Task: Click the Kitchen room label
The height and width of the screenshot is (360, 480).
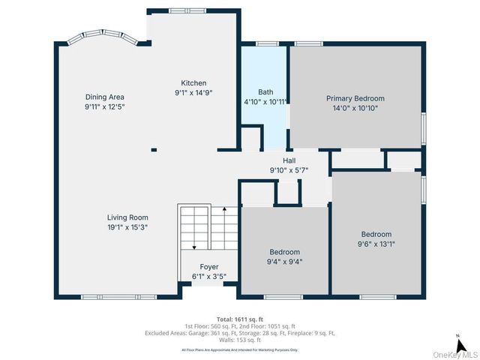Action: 193,83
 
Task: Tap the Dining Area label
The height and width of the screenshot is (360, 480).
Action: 104,97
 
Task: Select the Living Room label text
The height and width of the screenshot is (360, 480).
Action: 127,217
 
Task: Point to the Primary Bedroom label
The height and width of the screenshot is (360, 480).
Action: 355,98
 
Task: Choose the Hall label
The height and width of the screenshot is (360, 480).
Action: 289,160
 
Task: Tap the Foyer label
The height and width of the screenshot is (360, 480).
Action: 208,267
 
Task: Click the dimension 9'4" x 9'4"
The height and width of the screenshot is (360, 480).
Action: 284,262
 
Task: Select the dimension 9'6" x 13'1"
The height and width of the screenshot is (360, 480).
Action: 376,244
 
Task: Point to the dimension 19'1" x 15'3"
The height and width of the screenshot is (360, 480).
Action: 127,227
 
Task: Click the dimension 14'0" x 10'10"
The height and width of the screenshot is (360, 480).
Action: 355,108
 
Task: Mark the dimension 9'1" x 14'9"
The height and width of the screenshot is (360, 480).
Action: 193,93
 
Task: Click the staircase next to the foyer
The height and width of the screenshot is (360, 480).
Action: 208,228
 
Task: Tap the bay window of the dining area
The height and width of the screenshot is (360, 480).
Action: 99,35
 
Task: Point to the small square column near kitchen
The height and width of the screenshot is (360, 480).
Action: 154,149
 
